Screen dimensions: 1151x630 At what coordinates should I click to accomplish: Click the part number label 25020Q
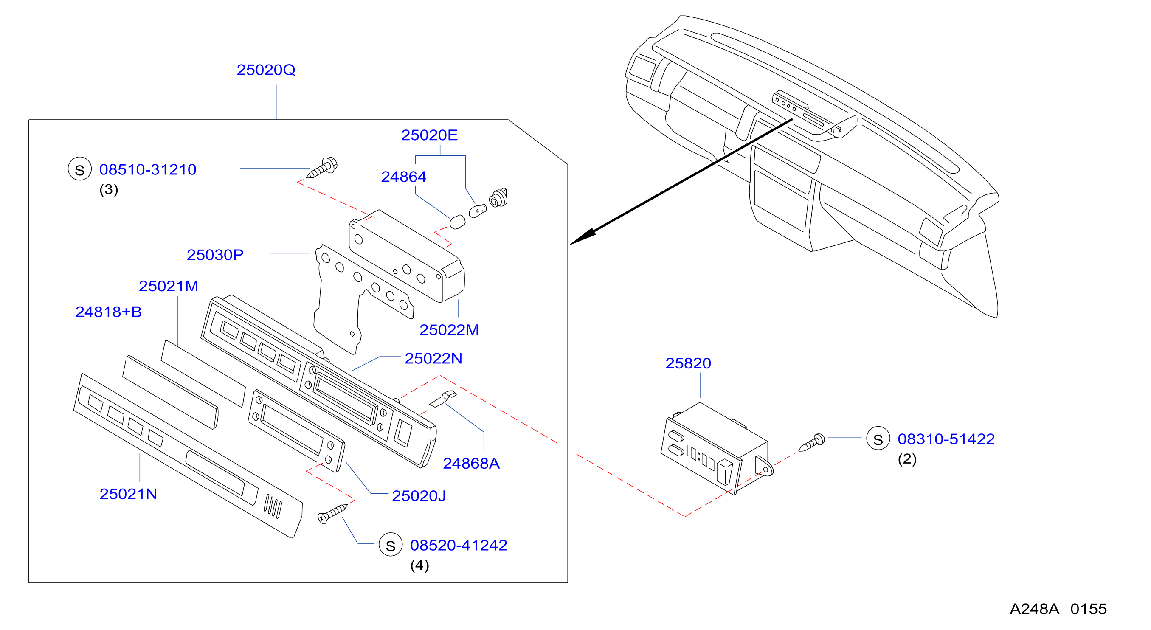click(x=266, y=70)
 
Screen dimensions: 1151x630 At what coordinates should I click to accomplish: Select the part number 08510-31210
click(x=148, y=169)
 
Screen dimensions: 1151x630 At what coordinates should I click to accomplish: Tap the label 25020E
click(x=429, y=135)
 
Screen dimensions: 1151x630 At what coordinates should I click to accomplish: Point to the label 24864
click(x=403, y=177)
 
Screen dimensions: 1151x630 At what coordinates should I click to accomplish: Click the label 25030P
click(x=215, y=255)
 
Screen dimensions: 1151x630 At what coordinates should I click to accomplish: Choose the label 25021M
click(x=169, y=286)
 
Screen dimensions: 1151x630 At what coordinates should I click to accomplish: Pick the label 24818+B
click(x=109, y=312)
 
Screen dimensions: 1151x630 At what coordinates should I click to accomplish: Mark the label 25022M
click(x=449, y=330)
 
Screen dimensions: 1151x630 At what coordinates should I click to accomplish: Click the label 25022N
click(x=433, y=358)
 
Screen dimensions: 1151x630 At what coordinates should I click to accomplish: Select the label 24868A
click(x=471, y=463)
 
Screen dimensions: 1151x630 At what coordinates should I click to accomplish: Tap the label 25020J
click(x=419, y=495)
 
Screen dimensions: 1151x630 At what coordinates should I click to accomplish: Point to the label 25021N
click(x=128, y=494)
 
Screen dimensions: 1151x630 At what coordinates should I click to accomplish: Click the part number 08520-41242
click(x=459, y=545)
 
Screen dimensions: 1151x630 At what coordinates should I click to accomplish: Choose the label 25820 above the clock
click(x=688, y=363)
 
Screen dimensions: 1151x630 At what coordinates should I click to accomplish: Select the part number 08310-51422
click(x=946, y=439)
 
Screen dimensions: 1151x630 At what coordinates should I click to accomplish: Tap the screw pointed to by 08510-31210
click(x=322, y=168)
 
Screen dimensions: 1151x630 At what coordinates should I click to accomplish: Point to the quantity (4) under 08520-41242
click(x=419, y=565)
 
